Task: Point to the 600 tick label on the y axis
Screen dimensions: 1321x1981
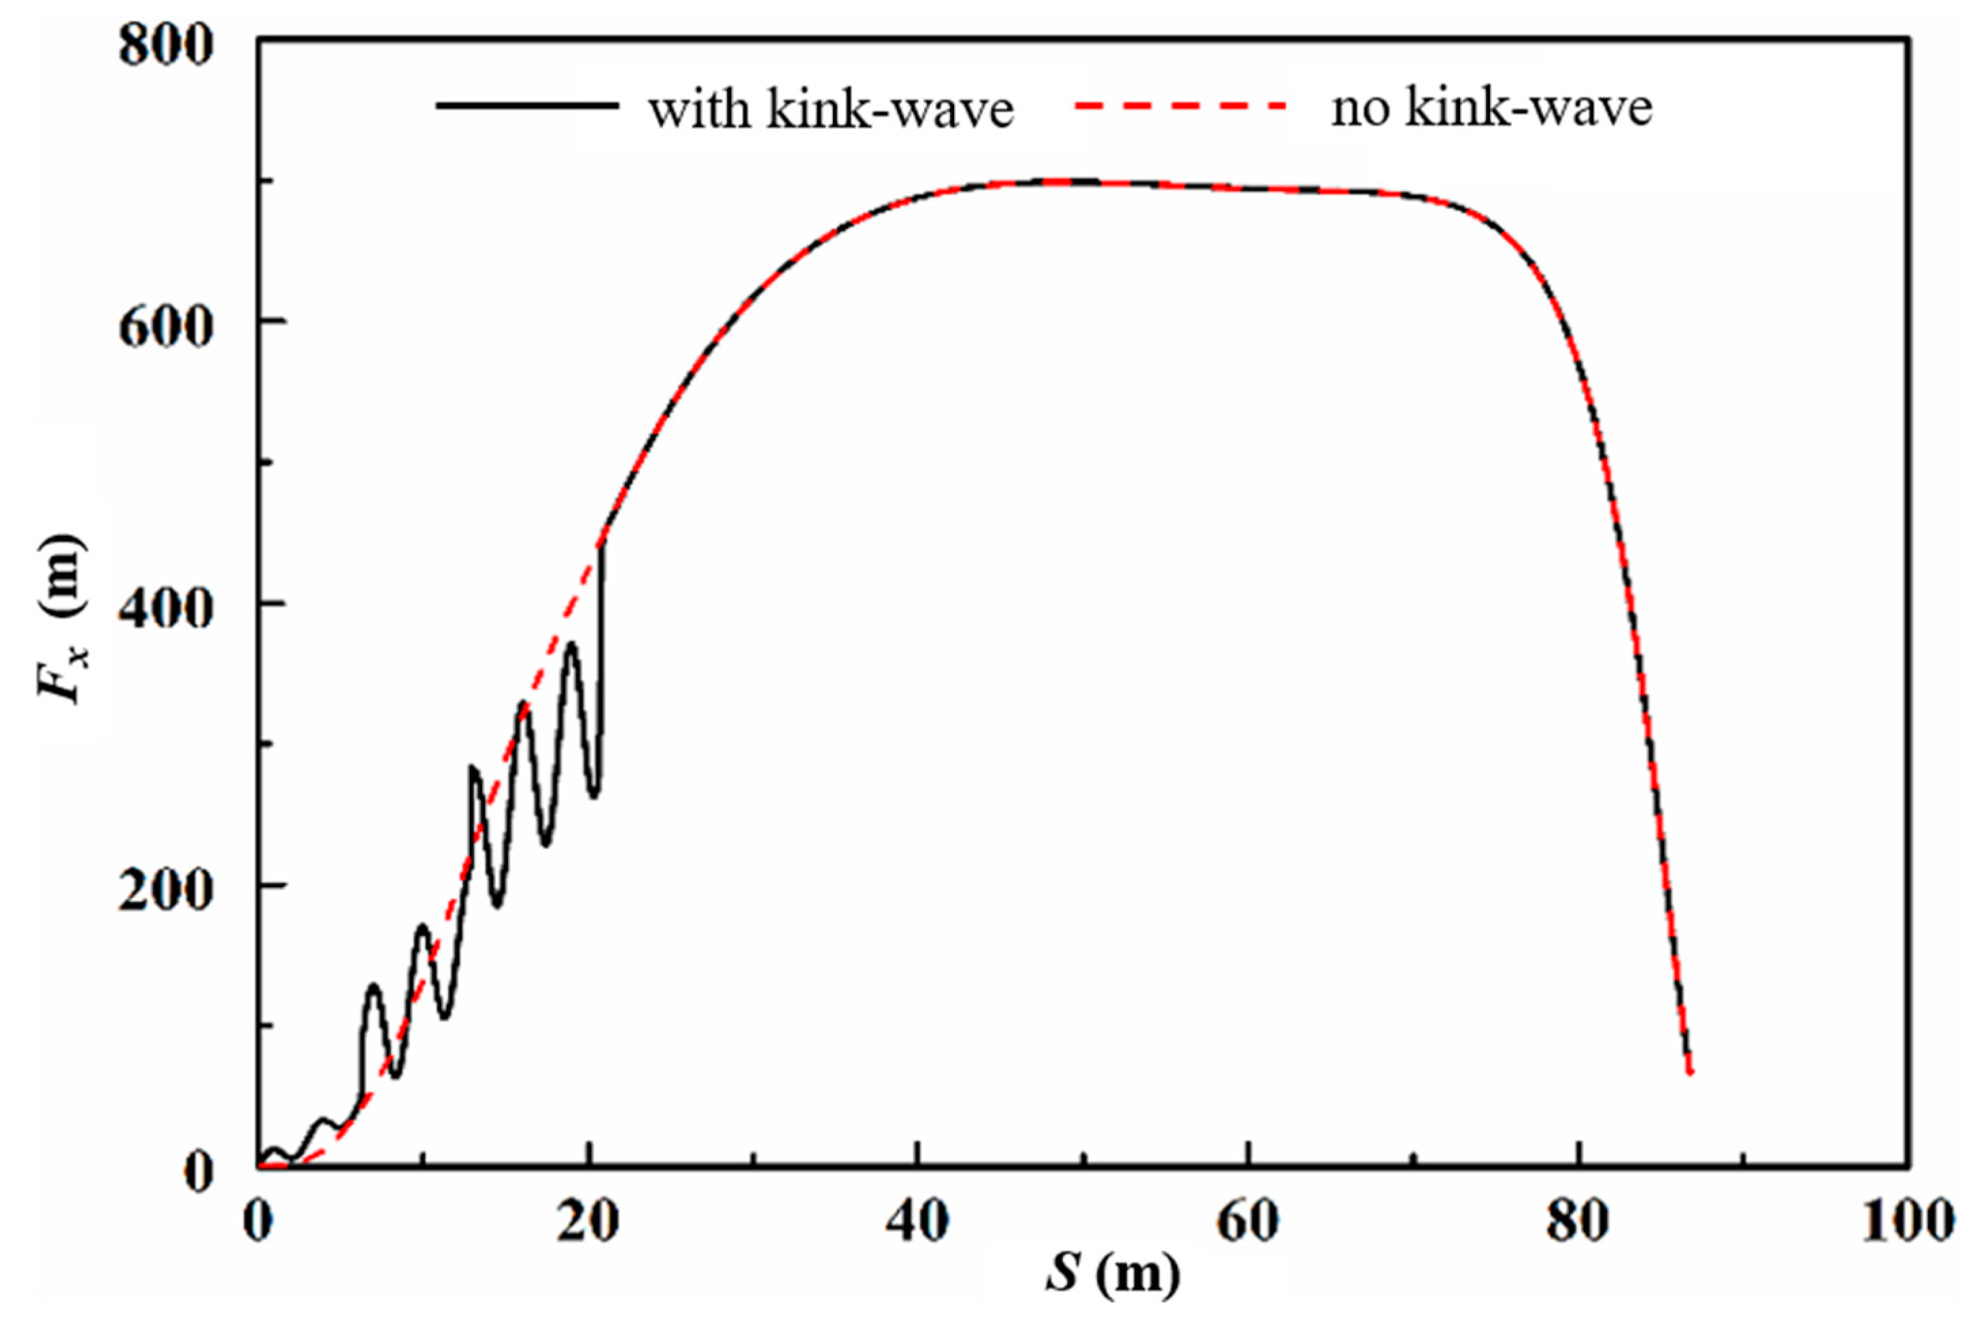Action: (165, 328)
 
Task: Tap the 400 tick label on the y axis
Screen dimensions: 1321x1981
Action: (165, 610)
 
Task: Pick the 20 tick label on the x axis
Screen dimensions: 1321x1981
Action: (589, 1222)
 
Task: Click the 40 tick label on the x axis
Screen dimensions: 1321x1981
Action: (918, 1222)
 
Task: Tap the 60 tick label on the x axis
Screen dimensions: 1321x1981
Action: (1248, 1222)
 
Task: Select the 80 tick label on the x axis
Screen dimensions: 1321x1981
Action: (1578, 1222)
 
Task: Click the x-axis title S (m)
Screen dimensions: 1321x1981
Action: (1112, 1275)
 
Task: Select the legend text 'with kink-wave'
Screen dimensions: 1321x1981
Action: (830, 110)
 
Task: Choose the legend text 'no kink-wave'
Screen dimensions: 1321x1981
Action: (1491, 110)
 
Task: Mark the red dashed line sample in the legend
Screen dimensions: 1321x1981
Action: (1179, 106)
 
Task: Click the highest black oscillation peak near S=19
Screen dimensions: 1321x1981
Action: (572, 643)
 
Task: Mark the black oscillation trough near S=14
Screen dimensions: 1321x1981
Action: (497, 907)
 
